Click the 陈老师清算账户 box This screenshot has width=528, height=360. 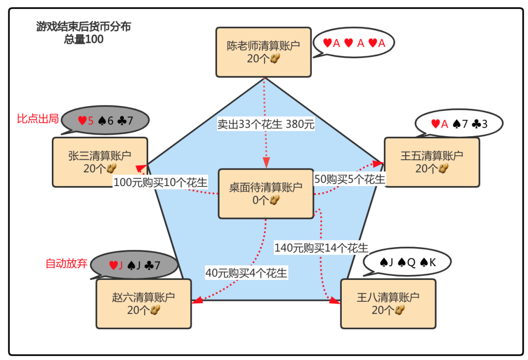264,52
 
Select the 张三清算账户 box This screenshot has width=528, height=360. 100,162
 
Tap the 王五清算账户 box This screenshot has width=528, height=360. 432,162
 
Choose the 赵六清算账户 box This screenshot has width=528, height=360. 143,303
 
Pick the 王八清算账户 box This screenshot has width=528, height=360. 388,303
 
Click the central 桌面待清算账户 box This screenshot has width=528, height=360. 265,193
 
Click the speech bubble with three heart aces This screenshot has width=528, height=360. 354,43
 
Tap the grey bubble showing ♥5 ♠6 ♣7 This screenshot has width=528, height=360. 106,120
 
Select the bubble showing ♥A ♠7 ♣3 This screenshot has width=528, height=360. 459,124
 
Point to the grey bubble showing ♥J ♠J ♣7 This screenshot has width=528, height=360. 134,265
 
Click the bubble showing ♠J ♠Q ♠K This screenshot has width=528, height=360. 407,263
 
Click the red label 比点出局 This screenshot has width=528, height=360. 38,119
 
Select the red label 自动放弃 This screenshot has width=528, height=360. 66,264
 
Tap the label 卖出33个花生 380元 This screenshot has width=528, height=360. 265,124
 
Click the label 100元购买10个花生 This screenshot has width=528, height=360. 160,182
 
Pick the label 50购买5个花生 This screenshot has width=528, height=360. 349,179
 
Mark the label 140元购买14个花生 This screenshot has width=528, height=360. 321,248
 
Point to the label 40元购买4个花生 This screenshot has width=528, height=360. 246,273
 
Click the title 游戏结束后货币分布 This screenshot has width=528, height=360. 84,27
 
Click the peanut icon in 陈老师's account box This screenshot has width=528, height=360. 276,59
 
